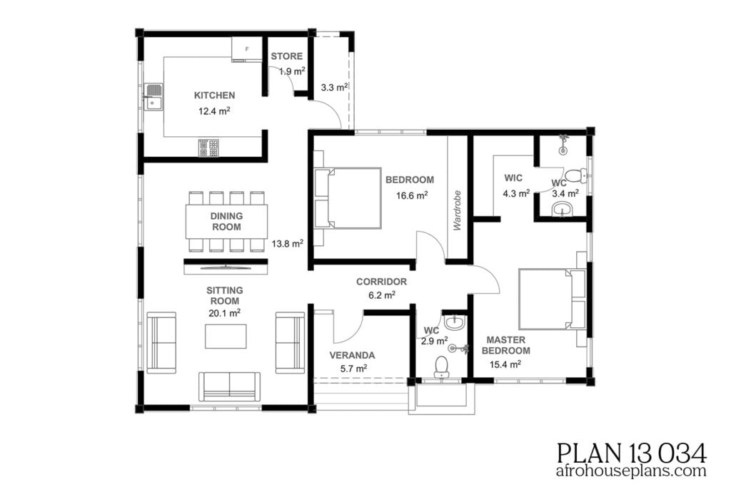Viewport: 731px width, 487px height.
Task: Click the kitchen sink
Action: coord(153,98)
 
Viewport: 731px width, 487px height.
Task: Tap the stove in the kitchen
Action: coord(208,148)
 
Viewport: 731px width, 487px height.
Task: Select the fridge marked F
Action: coord(246,49)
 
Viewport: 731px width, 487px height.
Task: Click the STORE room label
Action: coord(286,56)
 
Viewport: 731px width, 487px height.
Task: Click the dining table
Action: coord(226,221)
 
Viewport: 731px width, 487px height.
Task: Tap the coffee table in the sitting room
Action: coord(226,336)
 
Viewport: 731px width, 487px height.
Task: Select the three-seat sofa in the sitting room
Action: coord(229,386)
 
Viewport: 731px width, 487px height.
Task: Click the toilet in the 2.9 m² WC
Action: coord(441,366)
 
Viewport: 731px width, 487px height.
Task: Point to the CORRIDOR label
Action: coord(381,282)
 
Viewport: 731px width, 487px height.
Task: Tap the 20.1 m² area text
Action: coord(224,312)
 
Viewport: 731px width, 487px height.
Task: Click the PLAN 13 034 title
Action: coord(631,452)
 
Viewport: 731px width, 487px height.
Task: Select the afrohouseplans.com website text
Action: coord(631,471)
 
